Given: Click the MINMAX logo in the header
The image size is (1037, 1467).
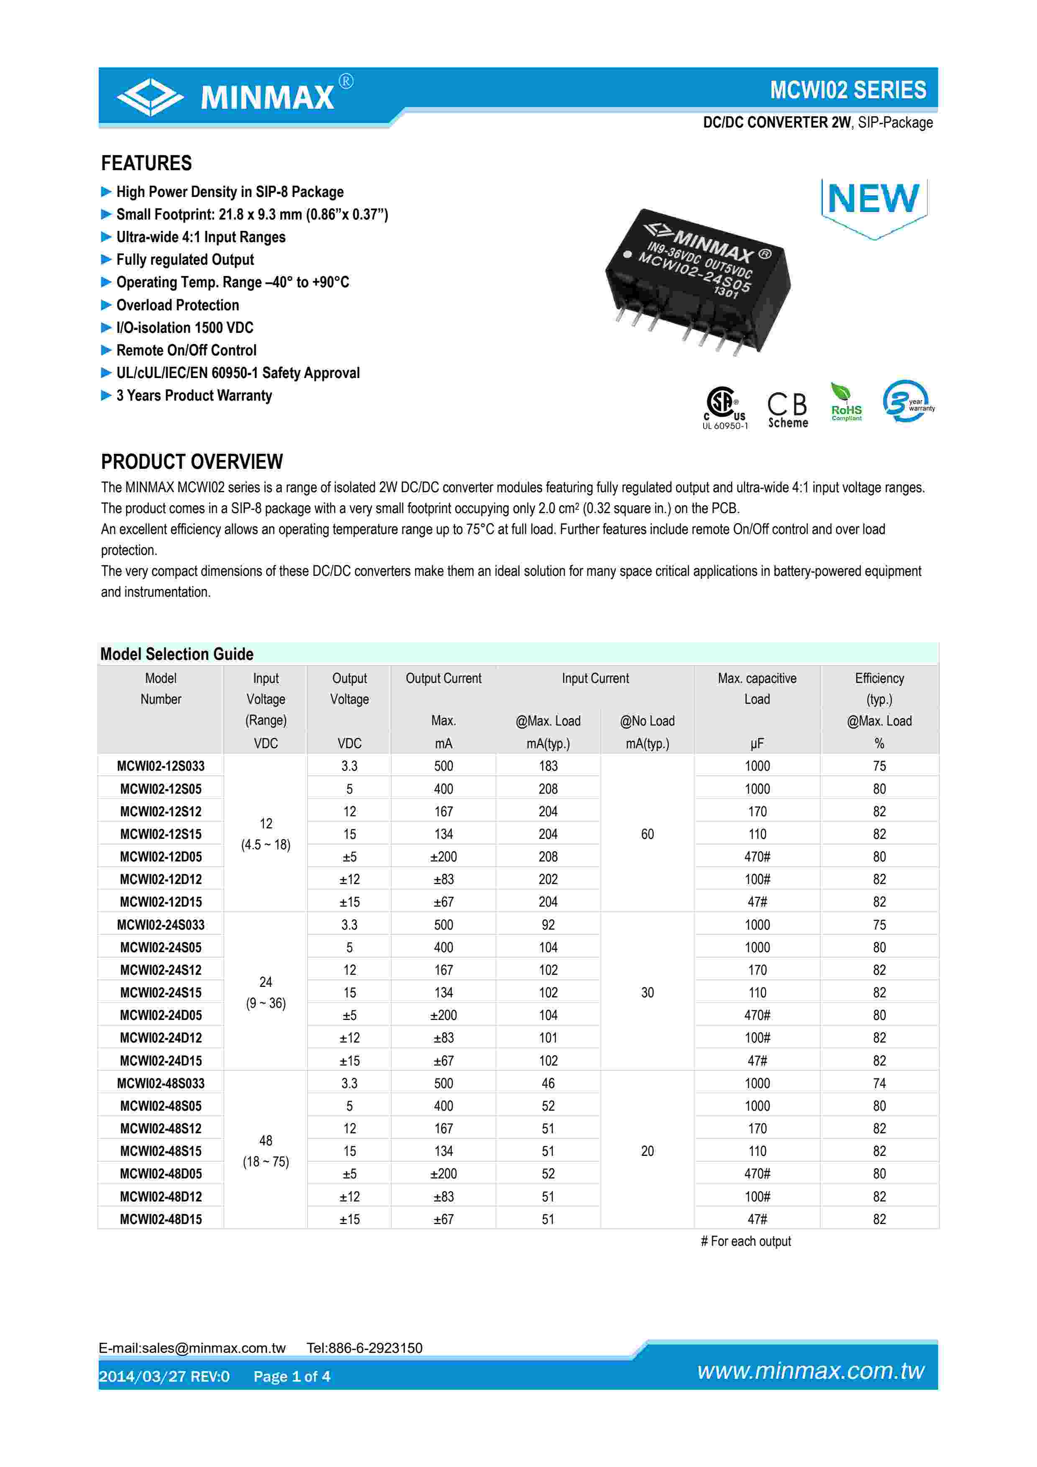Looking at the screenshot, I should tap(234, 97).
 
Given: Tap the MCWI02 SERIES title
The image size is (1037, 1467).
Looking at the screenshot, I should tap(847, 90).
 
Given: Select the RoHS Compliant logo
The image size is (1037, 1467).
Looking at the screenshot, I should tap(846, 403).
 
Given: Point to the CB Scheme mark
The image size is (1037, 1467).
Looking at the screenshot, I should tap(787, 409).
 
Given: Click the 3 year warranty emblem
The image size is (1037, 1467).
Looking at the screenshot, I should tap(907, 402).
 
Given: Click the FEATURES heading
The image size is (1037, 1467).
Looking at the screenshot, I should tap(146, 164).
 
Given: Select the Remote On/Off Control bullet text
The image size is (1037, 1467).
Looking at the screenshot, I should tap(186, 350).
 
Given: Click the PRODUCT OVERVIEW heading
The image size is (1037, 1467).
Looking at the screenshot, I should tap(192, 461).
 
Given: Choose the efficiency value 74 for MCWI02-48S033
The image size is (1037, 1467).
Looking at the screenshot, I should tap(879, 1083).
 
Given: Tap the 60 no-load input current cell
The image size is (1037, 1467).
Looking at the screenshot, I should tap(647, 834).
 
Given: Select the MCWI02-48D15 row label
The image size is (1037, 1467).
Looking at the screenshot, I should tap(160, 1219).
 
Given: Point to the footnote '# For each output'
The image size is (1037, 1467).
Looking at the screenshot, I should tap(745, 1241).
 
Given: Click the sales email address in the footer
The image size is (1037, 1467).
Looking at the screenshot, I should tap(192, 1347).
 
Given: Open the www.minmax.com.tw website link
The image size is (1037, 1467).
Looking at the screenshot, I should tap(810, 1370).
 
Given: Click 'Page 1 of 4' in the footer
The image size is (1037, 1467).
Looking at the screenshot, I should tap(292, 1376).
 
